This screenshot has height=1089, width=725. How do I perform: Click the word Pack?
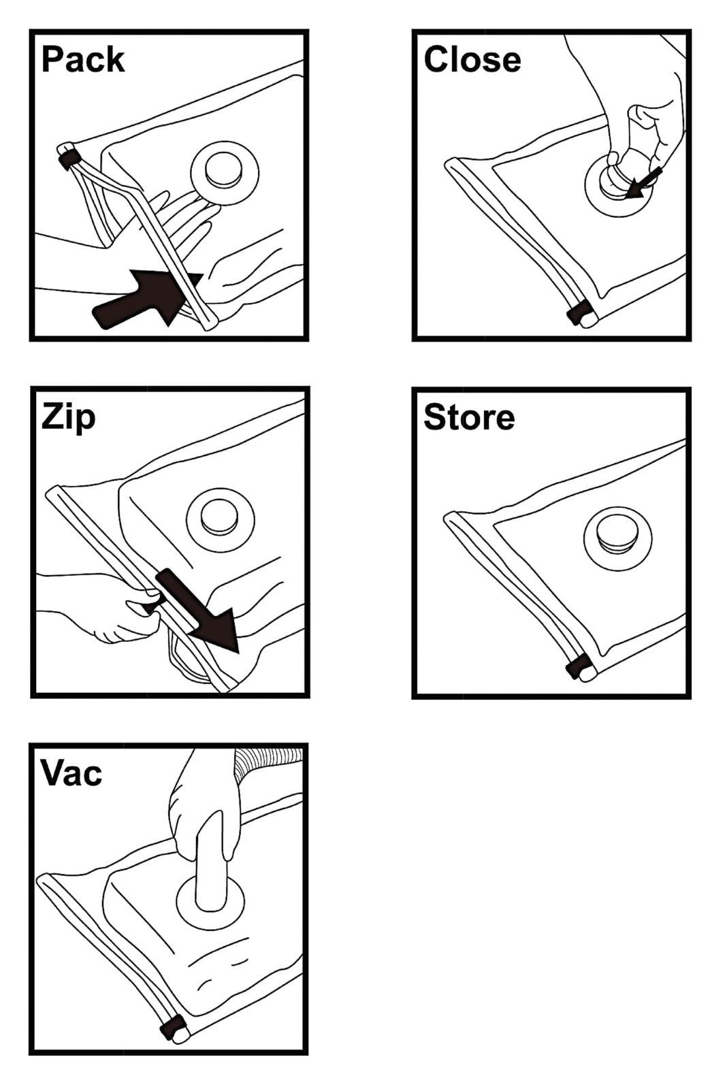coord(83,60)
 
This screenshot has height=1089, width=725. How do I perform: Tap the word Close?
coord(472,60)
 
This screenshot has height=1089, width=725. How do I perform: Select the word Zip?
coord(68,417)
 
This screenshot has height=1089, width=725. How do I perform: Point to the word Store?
coord(469,417)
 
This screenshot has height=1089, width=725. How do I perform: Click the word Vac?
coord(71,773)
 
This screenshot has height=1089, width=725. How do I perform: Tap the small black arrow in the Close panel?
coord(643,184)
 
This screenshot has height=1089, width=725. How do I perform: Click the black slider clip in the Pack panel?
coord(69,159)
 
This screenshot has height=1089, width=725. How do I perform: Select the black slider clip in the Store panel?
coord(579,666)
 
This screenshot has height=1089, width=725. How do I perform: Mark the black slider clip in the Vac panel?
coord(172,1026)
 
